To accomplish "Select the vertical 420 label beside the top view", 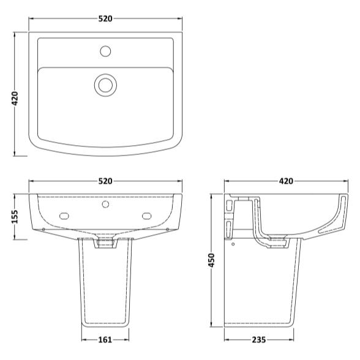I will point(15,98).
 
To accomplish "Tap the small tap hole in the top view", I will point(105,48).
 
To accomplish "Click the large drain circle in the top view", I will point(105,84).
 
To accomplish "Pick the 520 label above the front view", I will point(105,181).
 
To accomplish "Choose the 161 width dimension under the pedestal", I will point(105,338).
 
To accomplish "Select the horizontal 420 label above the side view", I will point(286,181).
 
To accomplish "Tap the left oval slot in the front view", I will point(64,215).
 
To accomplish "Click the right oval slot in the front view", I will point(147,215).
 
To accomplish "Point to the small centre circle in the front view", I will point(105,204).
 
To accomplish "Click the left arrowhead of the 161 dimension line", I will point(83,338).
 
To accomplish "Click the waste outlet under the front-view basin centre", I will point(105,244).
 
